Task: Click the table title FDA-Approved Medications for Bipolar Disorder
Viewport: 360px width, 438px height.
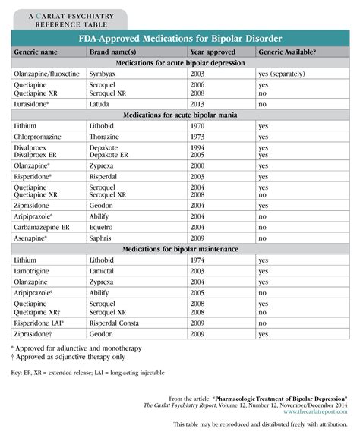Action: pyautogui.click(x=180, y=39)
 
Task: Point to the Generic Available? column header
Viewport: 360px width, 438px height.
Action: pyautogui.click(x=290, y=52)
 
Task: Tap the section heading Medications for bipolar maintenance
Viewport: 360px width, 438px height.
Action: pyautogui.click(x=180, y=248)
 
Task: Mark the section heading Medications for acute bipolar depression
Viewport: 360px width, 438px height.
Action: pyautogui.click(x=180, y=64)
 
